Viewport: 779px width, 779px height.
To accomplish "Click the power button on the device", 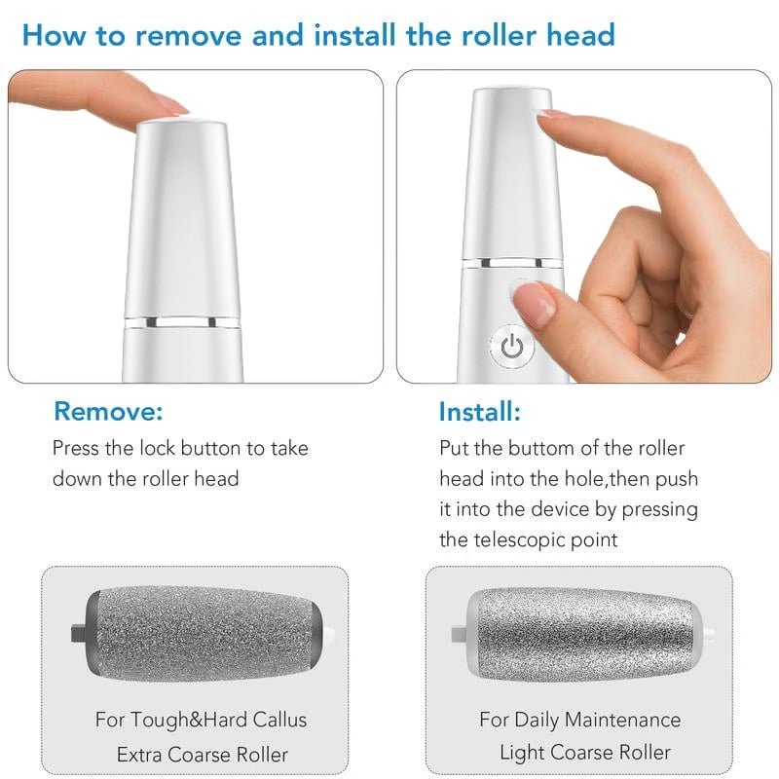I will [512, 346].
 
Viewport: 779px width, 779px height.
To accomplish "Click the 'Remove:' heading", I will [108, 411].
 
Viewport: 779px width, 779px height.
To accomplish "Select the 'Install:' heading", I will [479, 411].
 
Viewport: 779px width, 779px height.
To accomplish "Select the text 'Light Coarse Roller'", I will [584, 752].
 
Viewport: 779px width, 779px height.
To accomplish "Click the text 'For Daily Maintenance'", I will [579, 721].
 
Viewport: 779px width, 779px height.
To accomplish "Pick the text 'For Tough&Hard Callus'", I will [201, 721].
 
